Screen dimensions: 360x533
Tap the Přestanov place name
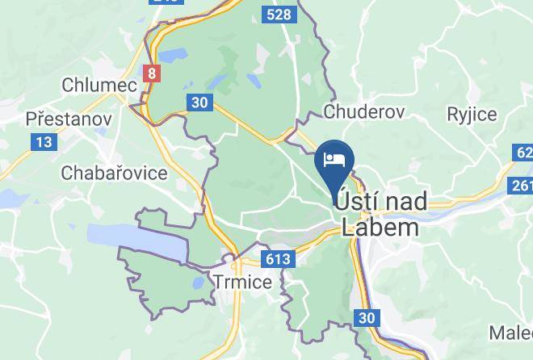point(68,119)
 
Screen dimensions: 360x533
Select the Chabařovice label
point(114,173)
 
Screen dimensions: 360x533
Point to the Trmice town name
point(243,280)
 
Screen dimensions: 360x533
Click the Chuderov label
point(363,112)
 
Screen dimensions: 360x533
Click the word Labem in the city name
point(380,227)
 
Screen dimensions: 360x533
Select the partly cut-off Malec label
point(511,332)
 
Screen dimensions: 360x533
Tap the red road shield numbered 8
point(151,73)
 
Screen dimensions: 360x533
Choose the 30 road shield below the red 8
point(199,103)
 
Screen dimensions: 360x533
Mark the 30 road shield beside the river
point(367,318)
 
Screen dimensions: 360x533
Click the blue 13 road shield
point(44,142)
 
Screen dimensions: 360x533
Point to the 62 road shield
point(523,153)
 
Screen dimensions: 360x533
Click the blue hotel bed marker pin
point(334,158)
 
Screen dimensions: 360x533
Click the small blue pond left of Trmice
point(198,282)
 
